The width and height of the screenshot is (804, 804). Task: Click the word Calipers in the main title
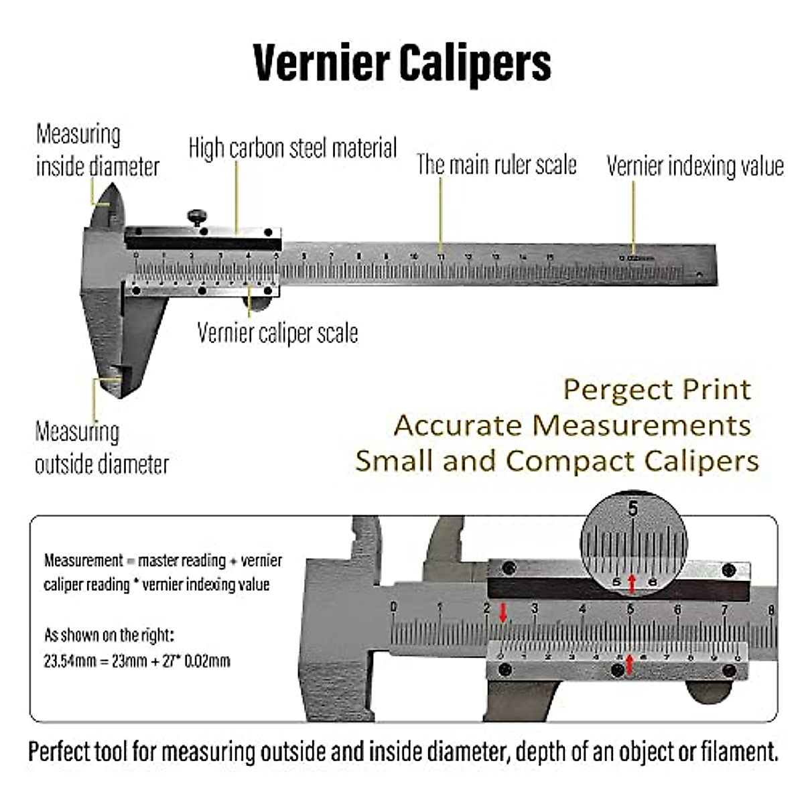tap(476, 63)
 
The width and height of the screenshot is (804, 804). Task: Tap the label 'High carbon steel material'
tap(293, 148)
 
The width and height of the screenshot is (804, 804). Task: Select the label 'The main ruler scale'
tap(496, 164)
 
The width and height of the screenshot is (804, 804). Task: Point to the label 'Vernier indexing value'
tap(695, 166)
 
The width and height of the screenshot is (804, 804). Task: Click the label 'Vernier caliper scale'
tap(277, 333)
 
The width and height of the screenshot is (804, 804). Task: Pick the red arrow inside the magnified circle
tap(631, 582)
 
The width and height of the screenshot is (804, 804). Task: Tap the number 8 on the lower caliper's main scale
tap(772, 610)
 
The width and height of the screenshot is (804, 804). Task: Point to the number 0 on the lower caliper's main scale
tap(393, 607)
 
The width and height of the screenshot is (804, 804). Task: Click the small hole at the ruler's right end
tap(698, 273)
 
